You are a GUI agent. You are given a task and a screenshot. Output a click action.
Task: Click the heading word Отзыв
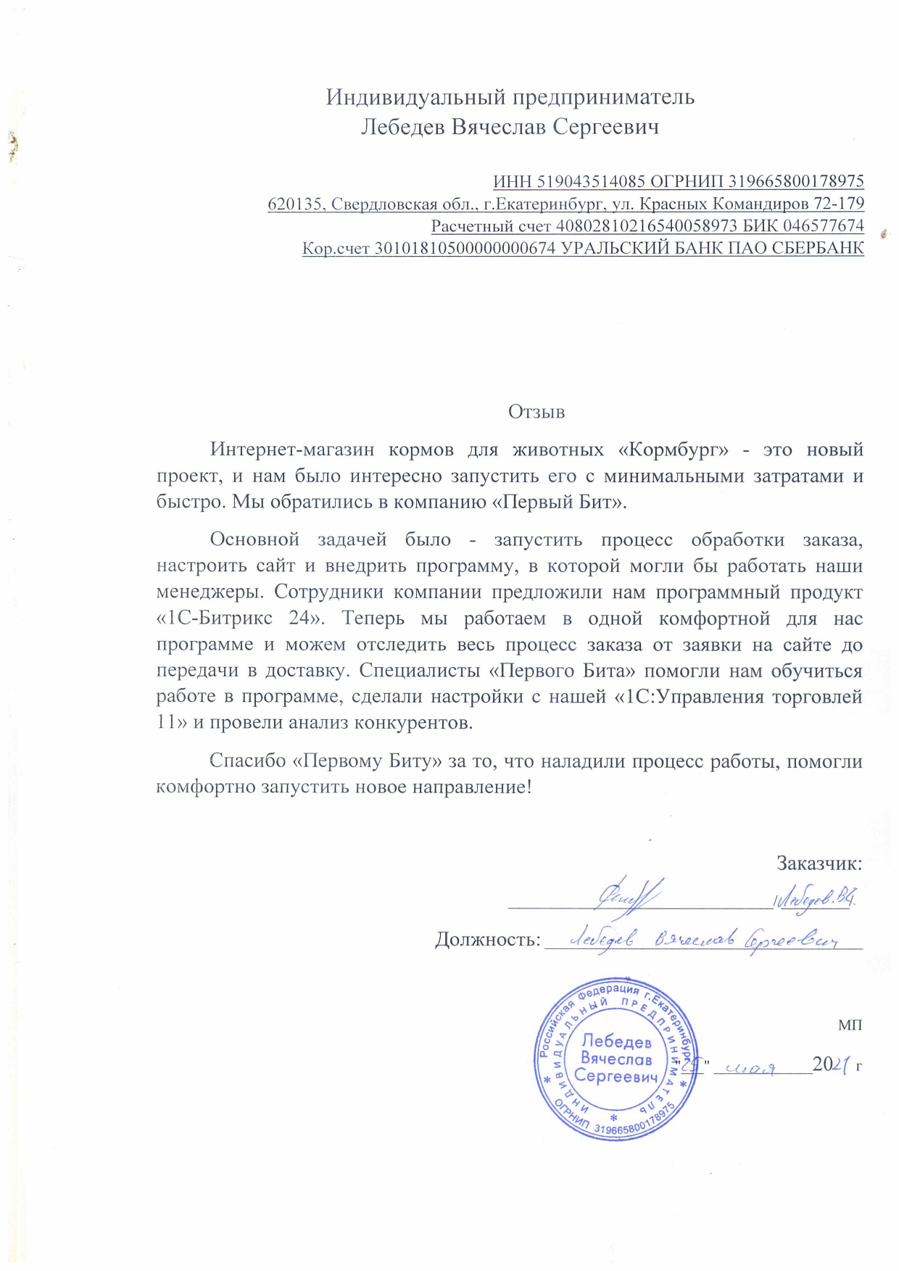coord(536,413)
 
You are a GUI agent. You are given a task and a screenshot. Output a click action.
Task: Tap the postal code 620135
coord(294,204)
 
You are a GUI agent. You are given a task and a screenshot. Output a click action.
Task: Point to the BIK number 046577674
coord(823,226)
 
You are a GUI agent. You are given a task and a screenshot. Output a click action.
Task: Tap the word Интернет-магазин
coord(292,450)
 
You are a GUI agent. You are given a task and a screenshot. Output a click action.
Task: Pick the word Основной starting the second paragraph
coord(254,539)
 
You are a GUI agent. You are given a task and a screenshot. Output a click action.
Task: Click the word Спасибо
coord(248,761)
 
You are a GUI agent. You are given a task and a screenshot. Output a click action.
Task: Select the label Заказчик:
coord(819,864)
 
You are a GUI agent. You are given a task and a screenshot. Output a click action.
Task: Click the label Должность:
coord(487,940)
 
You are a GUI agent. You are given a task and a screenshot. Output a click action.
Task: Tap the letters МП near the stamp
coord(850,1025)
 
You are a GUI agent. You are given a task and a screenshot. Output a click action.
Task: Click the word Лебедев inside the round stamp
coord(616,1041)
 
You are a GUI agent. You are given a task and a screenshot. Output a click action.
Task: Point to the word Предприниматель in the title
coord(604,97)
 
